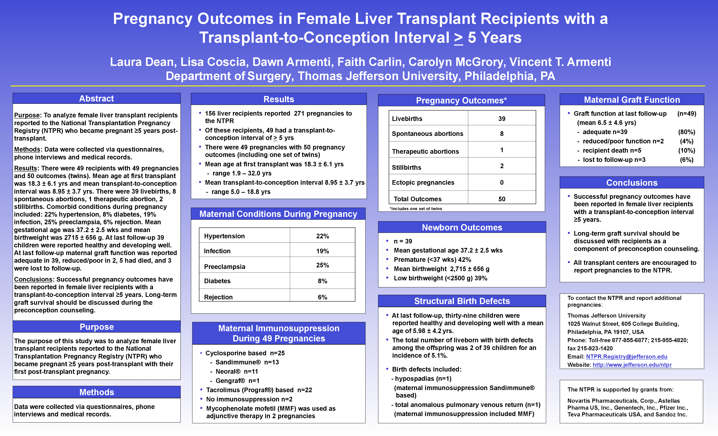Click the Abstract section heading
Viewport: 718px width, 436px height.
[x=97, y=98]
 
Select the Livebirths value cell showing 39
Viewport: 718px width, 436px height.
[x=501, y=119]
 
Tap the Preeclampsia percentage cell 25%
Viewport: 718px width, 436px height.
[x=322, y=265]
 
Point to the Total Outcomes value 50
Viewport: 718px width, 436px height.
[x=501, y=199]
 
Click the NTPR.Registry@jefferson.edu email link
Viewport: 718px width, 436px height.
[x=626, y=356]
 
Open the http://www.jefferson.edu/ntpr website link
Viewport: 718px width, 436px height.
[x=632, y=365]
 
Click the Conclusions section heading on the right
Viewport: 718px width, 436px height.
[x=632, y=183]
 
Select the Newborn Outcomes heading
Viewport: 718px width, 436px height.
[x=462, y=227]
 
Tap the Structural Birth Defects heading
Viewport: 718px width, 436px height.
[x=462, y=301]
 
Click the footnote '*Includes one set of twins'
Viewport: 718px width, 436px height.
[x=416, y=209]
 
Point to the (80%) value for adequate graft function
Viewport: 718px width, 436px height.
[x=686, y=132]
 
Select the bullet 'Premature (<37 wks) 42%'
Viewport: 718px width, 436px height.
[x=432, y=260]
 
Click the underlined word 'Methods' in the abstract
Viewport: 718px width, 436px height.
[x=27, y=149]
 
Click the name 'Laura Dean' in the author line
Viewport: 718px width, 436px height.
[x=142, y=62]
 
